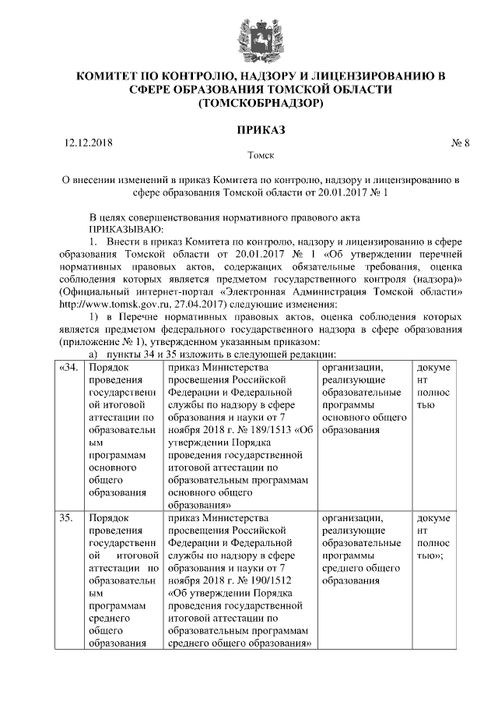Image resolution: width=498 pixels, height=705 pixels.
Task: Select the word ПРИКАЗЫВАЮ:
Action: point(126,229)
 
